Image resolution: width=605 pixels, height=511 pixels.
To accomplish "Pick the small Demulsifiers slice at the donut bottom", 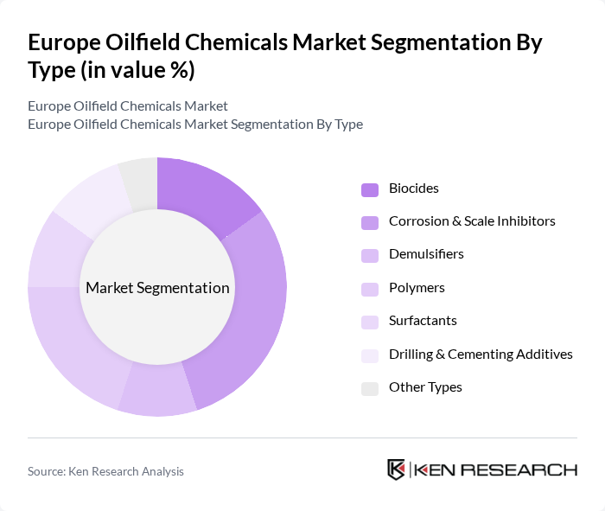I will (157, 398).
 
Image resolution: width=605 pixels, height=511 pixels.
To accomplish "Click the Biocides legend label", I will (414, 188).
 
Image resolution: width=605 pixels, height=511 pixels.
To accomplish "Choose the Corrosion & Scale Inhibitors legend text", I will (472, 221).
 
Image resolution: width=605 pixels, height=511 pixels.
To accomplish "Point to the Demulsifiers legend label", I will (426, 254).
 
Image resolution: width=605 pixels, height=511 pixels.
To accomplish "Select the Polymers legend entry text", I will (417, 287).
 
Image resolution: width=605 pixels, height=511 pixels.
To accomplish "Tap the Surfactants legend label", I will (423, 320).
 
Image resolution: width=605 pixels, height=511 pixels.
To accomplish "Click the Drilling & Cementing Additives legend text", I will (481, 354).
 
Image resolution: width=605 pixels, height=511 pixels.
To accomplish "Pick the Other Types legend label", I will (425, 386).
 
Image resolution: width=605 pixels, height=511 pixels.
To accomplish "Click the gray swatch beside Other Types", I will (370, 387).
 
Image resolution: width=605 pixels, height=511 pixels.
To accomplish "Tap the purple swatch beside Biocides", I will (370, 189).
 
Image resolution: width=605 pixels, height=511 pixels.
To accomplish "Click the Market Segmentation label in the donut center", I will (157, 288).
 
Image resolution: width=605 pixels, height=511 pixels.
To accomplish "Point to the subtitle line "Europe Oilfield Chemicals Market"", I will (127, 105).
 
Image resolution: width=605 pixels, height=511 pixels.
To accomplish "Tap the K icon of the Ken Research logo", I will (396, 470).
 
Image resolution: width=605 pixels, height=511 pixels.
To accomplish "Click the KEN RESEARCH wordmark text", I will (496, 470).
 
